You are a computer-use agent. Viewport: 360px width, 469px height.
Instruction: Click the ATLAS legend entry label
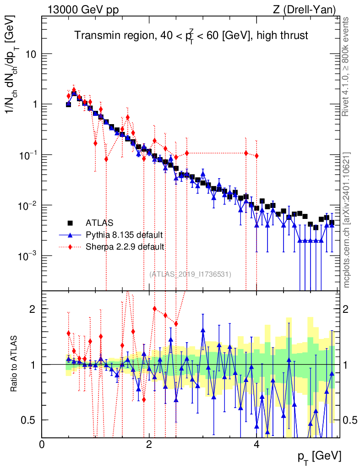click(x=99, y=223)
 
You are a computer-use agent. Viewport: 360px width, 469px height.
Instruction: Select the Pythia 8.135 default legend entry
click(x=124, y=235)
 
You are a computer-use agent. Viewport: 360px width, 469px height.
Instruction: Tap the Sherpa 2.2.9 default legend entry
click(x=125, y=247)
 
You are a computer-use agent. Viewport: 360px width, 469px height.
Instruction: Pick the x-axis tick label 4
click(x=256, y=444)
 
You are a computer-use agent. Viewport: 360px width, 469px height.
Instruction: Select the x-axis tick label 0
click(x=42, y=444)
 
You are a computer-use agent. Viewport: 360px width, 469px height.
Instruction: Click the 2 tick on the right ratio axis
click(x=346, y=309)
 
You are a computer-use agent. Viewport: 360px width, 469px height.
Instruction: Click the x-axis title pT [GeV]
click(x=319, y=457)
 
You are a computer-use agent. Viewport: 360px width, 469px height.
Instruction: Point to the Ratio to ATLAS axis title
click(x=14, y=364)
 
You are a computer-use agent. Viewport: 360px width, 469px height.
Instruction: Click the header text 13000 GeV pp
click(x=83, y=10)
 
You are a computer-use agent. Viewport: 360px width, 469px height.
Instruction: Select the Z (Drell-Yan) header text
click(x=304, y=10)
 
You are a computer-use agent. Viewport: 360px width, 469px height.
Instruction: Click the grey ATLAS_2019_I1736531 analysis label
click(x=190, y=274)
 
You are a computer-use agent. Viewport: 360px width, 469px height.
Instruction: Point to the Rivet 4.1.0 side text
click(x=345, y=66)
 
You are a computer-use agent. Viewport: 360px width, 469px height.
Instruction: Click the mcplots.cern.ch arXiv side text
click(x=346, y=220)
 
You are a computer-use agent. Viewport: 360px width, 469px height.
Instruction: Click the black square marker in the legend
click(x=70, y=223)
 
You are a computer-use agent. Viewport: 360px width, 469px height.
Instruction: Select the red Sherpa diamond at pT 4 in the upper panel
click(x=256, y=156)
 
